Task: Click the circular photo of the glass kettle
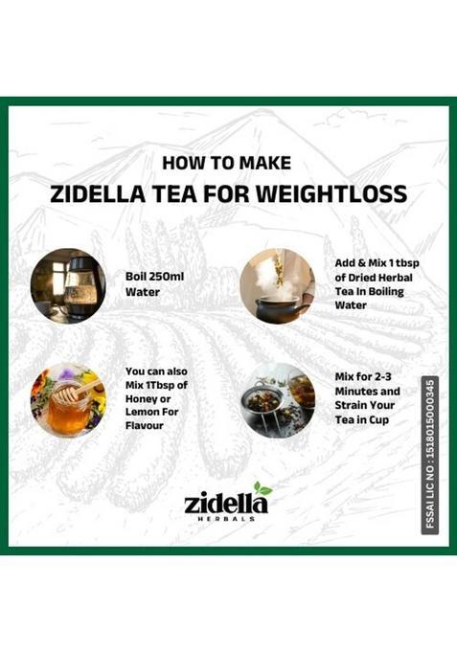pos(68,286)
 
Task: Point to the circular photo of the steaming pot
pos(277,285)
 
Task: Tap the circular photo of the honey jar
pos(68,399)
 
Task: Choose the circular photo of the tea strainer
pos(277,399)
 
